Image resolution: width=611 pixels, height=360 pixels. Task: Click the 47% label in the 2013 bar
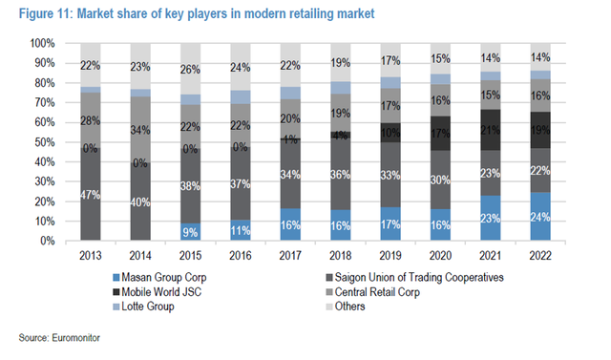[x=91, y=194]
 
